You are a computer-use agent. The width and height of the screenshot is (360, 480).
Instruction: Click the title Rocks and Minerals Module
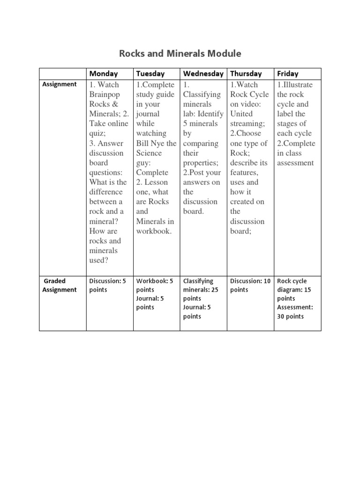(180, 53)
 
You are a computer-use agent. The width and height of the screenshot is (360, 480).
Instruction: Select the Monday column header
(104, 74)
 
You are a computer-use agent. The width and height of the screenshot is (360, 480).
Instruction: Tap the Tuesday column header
(150, 74)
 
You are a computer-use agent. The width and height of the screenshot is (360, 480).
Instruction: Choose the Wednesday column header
(203, 74)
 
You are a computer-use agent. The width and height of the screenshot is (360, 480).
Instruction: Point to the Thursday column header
(246, 74)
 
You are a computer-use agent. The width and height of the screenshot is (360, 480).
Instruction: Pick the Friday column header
(288, 74)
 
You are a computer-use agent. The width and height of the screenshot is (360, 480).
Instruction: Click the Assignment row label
(60, 84)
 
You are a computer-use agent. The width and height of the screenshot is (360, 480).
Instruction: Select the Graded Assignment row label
(60, 285)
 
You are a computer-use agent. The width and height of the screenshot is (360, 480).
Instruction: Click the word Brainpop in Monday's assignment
(104, 94)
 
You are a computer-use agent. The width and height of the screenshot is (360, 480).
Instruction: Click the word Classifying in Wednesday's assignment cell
(202, 94)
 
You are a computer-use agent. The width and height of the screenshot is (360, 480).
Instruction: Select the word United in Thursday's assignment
(241, 114)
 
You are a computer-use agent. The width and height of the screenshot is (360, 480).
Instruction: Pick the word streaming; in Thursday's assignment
(247, 124)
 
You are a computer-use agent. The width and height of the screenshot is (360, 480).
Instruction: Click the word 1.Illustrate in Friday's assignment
(295, 85)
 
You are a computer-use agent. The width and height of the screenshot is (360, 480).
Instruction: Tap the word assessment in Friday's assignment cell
(295, 163)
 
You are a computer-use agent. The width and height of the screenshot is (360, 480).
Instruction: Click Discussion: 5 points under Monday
(108, 285)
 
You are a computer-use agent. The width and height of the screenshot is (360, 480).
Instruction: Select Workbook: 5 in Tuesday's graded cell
(155, 281)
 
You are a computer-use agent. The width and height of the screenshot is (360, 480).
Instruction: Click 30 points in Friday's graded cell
(291, 316)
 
